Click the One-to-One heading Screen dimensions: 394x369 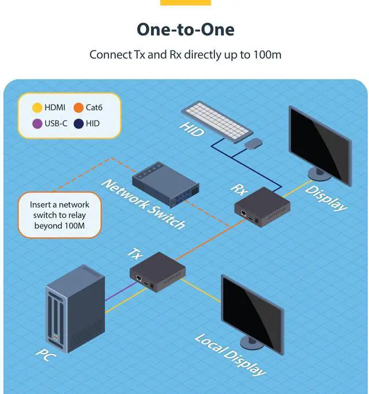point(185,29)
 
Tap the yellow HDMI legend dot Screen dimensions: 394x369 point(36,107)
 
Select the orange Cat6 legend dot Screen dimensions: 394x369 point(78,107)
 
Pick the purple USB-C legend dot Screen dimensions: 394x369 point(36,123)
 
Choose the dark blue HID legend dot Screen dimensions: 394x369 point(78,123)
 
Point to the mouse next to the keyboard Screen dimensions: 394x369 point(253,142)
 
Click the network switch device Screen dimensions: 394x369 point(165,185)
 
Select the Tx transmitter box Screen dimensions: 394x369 point(157,272)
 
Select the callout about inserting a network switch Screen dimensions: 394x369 point(59,215)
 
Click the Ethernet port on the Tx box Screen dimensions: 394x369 point(140,278)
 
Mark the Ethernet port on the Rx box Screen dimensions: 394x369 point(245,213)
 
